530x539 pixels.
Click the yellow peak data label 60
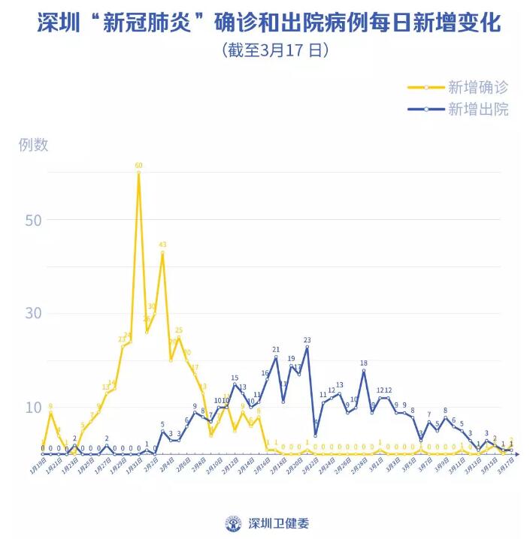pyautogui.click(x=139, y=165)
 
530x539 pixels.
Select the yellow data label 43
pyautogui.click(x=162, y=245)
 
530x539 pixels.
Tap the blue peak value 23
pyautogui.click(x=307, y=340)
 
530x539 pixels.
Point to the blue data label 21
pyautogui.click(x=276, y=350)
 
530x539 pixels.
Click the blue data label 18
pyautogui.click(x=364, y=363)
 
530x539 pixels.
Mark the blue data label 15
pyautogui.click(x=235, y=378)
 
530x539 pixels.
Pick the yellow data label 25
pyautogui.click(x=179, y=330)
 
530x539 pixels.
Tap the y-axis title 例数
pyautogui.click(x=33, y=145)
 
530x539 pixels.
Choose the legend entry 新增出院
pyautogui.click(x=478, y=109)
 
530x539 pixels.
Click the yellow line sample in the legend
pyautogui.click(x=426, y=87)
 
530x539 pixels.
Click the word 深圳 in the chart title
pyautogui.click(x=54, y=23)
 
